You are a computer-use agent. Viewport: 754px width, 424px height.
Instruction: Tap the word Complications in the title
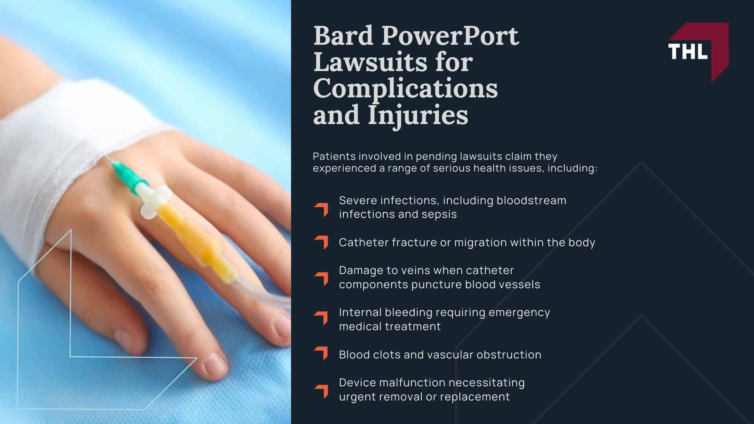point(405,88)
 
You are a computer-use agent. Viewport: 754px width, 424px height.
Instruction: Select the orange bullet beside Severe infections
point(321,209)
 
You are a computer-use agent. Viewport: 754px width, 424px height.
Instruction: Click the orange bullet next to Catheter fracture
point(321,242)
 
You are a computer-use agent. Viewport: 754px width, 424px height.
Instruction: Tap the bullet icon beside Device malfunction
point(321,391)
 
